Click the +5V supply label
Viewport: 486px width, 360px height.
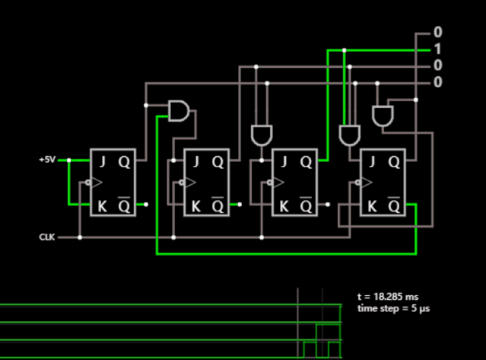47,161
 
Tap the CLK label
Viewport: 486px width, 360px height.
47,237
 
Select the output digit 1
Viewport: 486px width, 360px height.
437,49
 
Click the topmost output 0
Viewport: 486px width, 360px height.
437,33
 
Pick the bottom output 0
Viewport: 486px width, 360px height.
437,82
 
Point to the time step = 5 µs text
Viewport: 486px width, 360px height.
392,308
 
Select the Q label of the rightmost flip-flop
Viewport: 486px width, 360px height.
394,161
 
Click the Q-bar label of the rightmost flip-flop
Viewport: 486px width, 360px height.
394,205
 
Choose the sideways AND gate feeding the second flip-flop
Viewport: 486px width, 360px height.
179,111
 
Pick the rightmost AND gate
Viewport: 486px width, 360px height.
383,115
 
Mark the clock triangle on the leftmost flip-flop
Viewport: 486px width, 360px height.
95,183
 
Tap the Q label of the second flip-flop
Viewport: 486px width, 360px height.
218,161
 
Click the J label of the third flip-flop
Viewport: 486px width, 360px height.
284,161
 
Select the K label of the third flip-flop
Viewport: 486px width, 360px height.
284,205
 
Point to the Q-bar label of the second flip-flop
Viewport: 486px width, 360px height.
218,205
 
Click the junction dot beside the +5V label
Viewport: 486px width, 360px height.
69,161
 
